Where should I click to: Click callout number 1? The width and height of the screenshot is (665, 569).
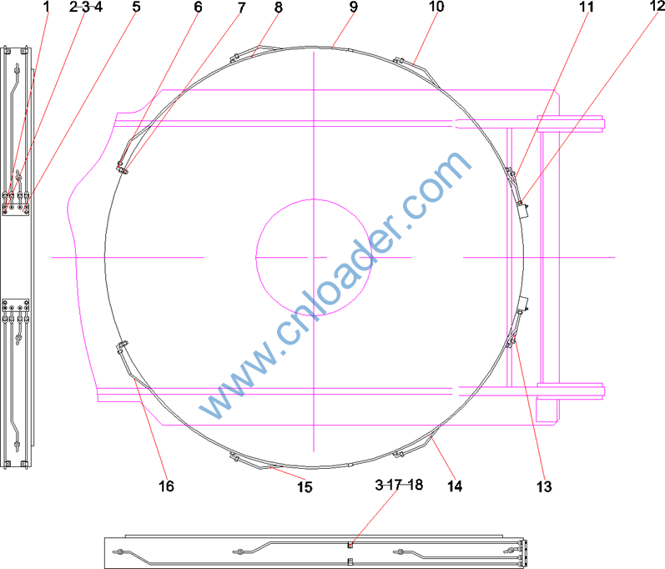(x=47, y=7)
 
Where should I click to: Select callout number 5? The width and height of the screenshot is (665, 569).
(x=136, y=7)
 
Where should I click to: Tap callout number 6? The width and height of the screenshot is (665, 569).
(x=198, y=7)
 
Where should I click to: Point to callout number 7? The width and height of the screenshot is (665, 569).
(x=241, y=8)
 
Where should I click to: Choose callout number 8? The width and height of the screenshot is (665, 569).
(x=278, y=7)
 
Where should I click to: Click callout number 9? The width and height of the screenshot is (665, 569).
(x=354, y=7)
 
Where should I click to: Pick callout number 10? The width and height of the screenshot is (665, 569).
(x=436, y=7)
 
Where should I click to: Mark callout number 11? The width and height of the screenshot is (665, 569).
(x=587, y=7)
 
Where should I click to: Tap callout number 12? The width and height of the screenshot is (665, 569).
(x=657, y=6)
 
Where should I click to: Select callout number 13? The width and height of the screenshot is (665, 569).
(x=544, y=486)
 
